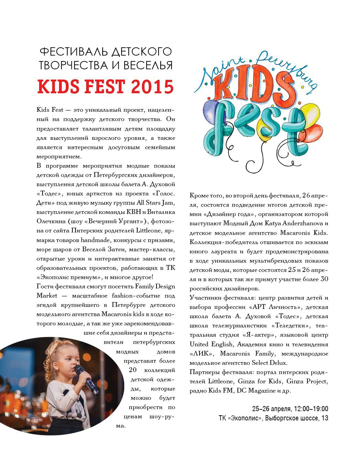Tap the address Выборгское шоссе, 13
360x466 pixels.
[x=297, y=418]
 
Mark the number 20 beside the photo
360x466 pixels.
[x=133, y=370]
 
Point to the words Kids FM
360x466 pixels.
[x=220, y=391]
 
